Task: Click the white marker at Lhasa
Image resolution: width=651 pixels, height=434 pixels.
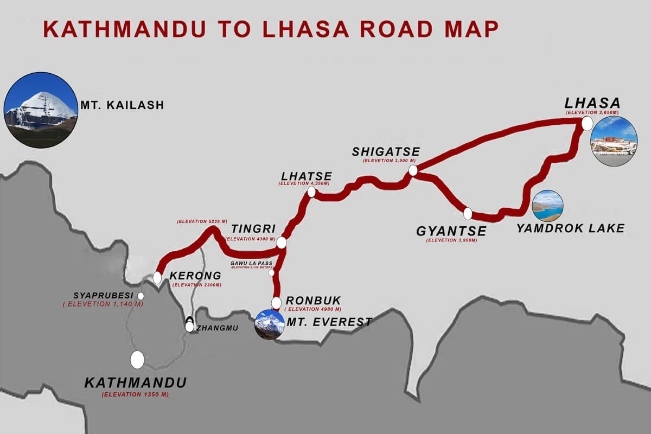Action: [x=586, y=124]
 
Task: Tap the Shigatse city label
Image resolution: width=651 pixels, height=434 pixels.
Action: [x=386, y=151]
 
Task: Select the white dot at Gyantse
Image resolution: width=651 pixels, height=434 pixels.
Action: [x=468, y=214]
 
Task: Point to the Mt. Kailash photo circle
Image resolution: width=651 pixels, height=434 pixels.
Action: [x=41, y=110]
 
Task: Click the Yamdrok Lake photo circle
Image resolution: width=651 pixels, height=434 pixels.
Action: [x=547, y=206]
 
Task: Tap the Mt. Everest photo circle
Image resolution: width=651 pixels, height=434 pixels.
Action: [x=270, y=324]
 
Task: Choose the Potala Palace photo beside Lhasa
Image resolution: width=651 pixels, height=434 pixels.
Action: [x=614, y=141]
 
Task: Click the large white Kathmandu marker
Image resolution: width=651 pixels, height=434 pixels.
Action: [x=137, y=359]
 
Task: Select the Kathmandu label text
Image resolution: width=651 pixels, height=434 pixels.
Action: [x=136, y=382]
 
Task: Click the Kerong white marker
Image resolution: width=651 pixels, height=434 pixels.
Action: [x=157, y=278]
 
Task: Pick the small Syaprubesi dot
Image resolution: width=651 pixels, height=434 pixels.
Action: [x=141, y=296]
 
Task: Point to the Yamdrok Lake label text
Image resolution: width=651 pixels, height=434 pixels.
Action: [x=570, y=228]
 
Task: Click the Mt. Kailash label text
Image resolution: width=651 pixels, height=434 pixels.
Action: [x=122, y=105]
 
